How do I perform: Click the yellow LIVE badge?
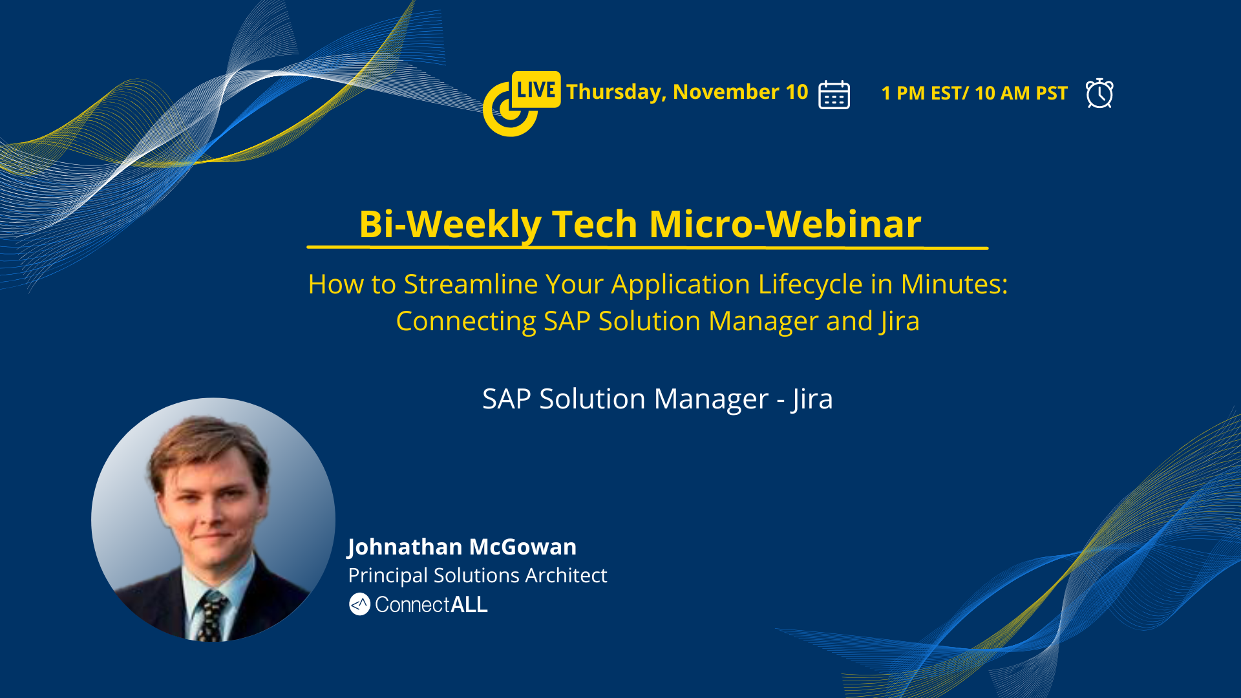pyautogui.click(x=536, y=89)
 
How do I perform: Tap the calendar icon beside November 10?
pyautogui.click(x=834, y=94)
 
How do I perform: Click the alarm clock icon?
pyautogui.click(x=1099, y=93)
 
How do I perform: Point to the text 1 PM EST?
pyautogui.click(x=921, y=93)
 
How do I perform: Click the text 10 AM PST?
pyautogui.click(x=1021, y=93)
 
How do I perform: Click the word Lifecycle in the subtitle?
pyautogui.click(x=811, y=285)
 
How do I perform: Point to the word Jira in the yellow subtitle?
pyautogui.click(x=900, y=322)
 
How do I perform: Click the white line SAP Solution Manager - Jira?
pyautogui.click(x=657, y=399)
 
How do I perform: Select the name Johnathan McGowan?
pyautogui.click(x=461, y=547)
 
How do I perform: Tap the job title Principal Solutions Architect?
pyautogui.click(x=477, y=575)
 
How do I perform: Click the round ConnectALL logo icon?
pyautogui.click(x=359, y=604)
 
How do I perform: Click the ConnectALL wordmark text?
pyautogui.click(x=431, y=605)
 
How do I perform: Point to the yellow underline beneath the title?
pyautogui.click(x=648, y=247)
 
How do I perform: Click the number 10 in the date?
pyautogui.click(x=797, y=92)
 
